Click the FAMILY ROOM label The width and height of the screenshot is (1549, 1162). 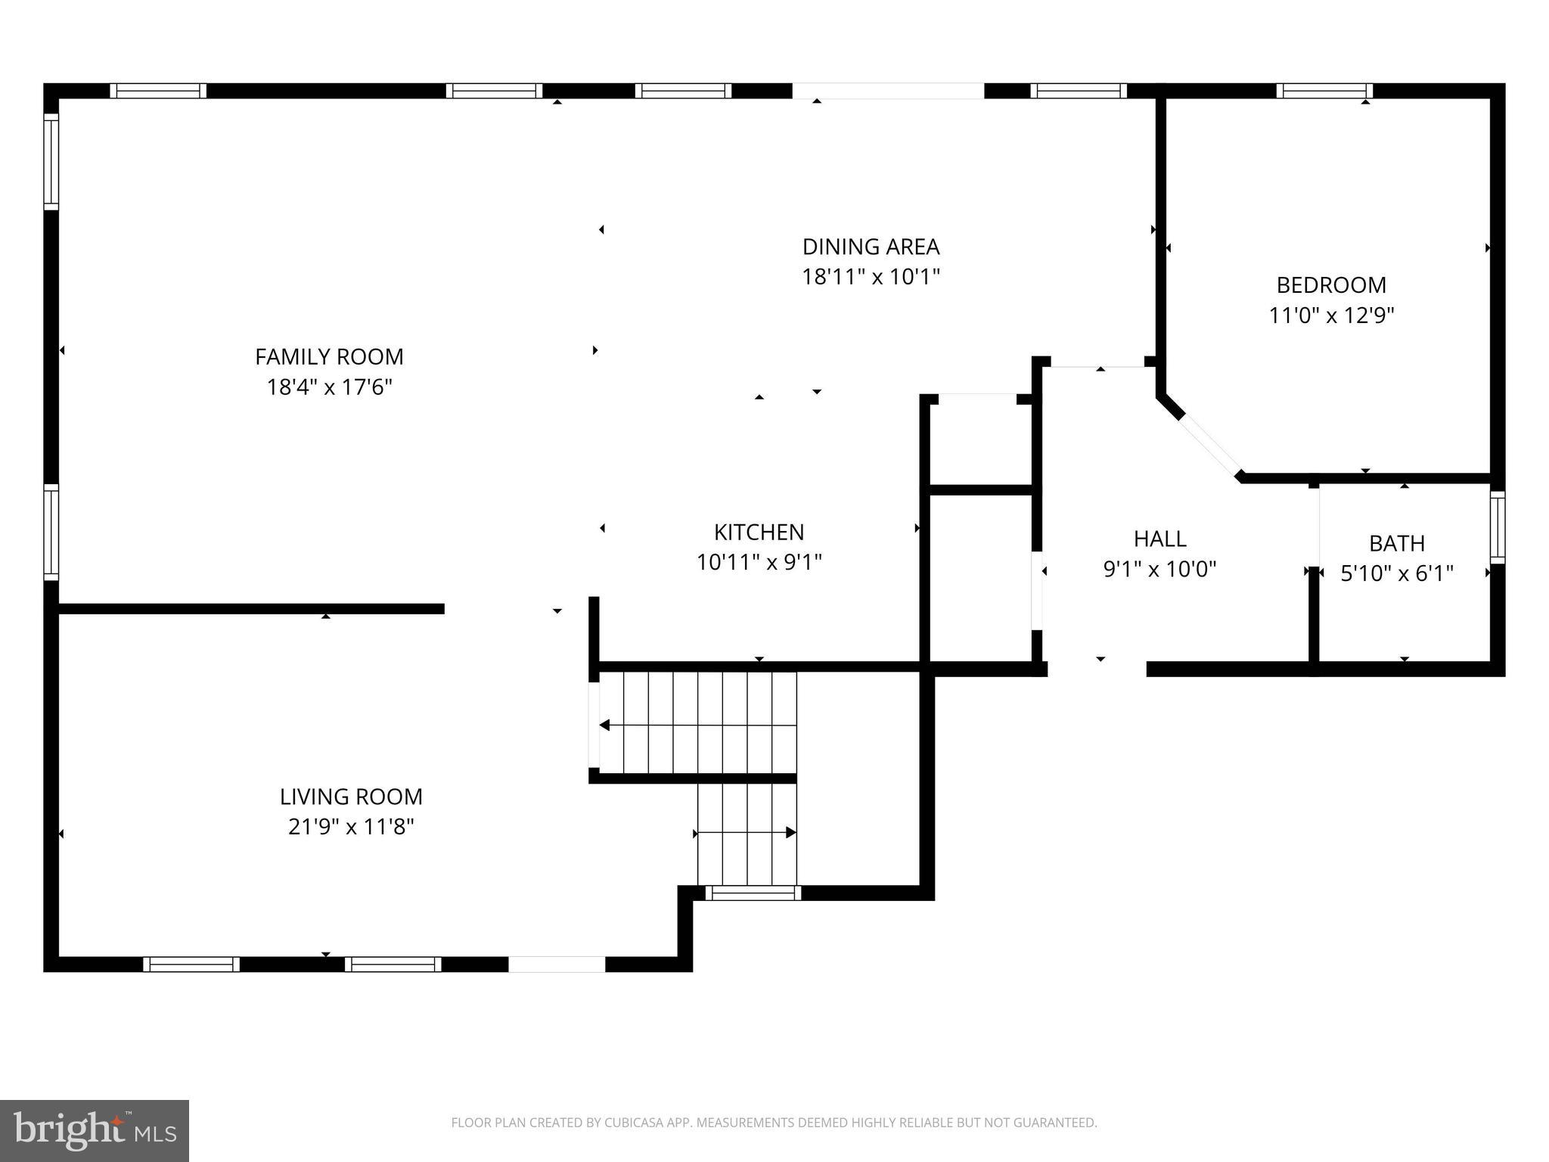tap(329, 356)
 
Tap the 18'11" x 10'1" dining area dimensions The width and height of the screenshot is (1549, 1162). tap(871, 277)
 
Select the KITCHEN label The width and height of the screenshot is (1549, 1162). tap(759, 532)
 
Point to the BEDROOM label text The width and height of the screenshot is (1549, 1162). tap(1331, 285)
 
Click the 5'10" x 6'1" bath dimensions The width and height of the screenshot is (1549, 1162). tap(1397, 573)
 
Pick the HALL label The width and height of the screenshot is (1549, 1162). tap(1159, 539)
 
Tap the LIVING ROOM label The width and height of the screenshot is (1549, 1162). tap(351, 797)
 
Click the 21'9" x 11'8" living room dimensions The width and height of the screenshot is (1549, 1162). tap(351, 827)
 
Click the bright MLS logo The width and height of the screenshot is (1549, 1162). tap(95, 1130)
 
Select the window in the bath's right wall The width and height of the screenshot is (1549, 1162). tap(1497, 527)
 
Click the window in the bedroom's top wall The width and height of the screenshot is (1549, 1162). tap(1324, 91)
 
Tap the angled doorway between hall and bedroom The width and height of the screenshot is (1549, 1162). tap(1209, 444)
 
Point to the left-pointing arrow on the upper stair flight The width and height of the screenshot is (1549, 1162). tap(605, 725)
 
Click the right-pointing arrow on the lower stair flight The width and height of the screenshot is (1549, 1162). tap(790, 833)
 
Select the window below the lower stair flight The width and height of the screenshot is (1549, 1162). tap(753, 893)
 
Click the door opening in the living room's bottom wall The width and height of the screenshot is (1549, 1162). tap(557, 964)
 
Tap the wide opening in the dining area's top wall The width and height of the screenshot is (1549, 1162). tap(888, 91)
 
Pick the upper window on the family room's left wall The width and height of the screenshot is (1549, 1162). tap(51, 162)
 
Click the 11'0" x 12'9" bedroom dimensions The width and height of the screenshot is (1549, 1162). tap(1331, 315)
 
